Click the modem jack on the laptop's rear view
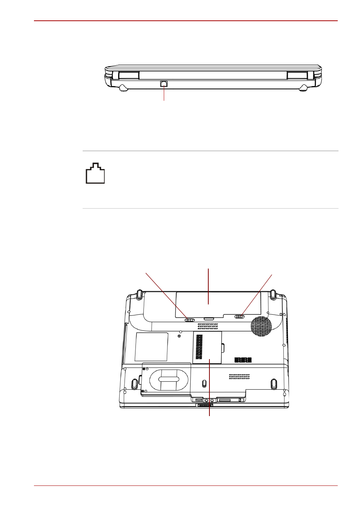(164, 84)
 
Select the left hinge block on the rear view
(129, 75)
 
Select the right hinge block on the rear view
(297, 75)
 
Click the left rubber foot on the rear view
(123, 88)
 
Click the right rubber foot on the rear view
(303, 88)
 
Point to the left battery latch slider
(190, 320)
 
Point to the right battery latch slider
(240, 316)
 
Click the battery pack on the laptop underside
(218, 304)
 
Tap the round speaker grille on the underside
(261, 326)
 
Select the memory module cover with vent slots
(207, 347)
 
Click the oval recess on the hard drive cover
(169, 379)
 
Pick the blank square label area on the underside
(151, 346)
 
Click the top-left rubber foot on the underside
(139, 293)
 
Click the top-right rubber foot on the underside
(272, 293)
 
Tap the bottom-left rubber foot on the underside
(134, 384)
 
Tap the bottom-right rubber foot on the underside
(274, 384)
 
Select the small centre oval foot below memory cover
(204, 384)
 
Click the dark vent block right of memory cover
(243, 360)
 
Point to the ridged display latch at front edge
(205, 405)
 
